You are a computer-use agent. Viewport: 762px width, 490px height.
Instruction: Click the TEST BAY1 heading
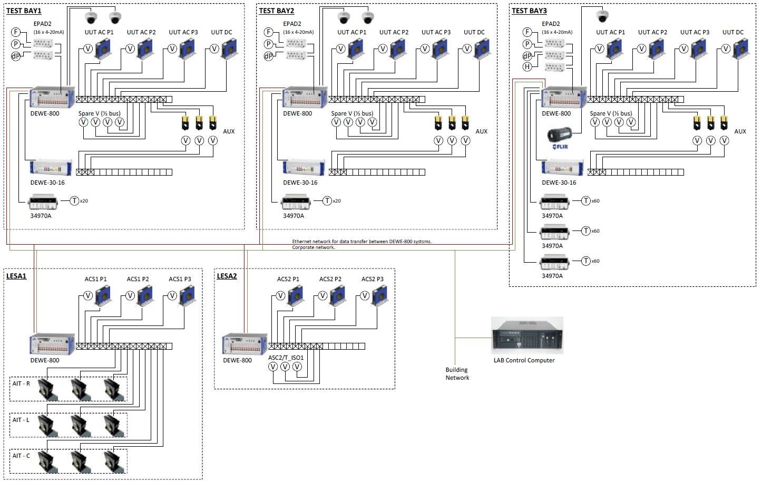click(x=24, y=11)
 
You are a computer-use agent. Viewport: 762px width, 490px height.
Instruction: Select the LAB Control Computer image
click(x=527, y=335)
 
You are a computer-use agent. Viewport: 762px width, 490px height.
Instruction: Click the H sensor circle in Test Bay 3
click(x=527, y=67)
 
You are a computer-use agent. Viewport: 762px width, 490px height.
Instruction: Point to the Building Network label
click(x=457, y=373)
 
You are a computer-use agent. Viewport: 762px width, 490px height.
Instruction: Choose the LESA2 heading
click(x=227, y=276)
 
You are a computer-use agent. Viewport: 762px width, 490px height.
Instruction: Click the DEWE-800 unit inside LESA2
click(x=245, y=344)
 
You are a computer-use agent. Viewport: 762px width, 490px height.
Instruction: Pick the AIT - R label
click(x=21, y=383)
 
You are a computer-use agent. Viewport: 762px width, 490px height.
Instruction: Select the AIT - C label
click(x=21, y=456)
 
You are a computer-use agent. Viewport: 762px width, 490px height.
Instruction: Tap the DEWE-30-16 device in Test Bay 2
click(x=305, y=168)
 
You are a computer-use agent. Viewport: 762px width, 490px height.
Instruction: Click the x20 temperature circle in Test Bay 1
click(x=75, y=201)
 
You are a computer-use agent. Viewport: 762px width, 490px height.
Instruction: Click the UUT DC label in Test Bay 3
click(x=732, y=32)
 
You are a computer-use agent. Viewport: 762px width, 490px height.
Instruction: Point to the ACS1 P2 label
click(x=138, y=279)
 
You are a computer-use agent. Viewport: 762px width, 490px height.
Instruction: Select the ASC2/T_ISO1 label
click(x=286, y=358)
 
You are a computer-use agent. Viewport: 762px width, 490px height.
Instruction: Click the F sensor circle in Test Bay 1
click(x=16, y=32)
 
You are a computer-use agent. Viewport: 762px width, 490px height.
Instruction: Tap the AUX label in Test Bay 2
click(x=482, y=131)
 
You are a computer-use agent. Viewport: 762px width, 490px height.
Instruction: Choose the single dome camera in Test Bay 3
click(x=602, y=16)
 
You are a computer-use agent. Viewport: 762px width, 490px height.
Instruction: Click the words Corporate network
click(x=314, y=247)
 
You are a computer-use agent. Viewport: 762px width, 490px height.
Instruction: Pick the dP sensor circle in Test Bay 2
click(x=269, y=56)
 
